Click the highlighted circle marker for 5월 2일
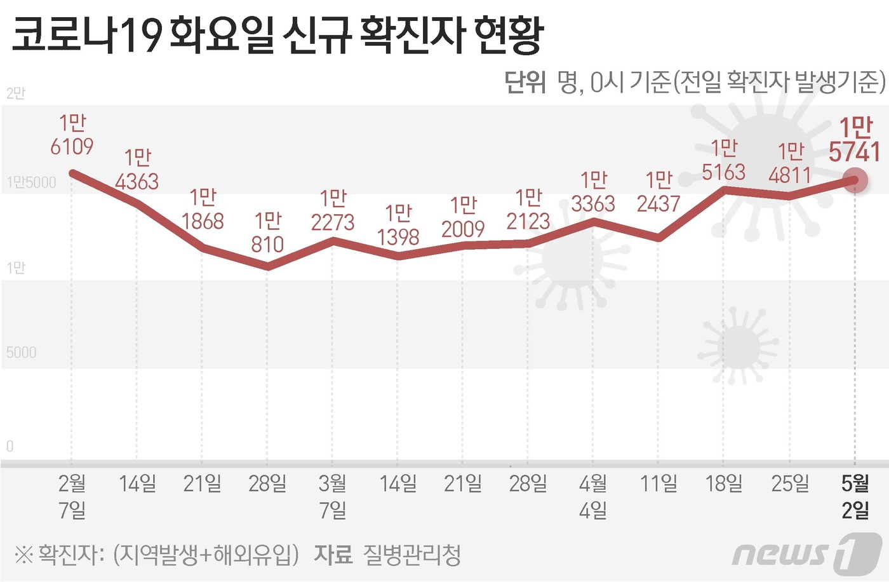coord(855,181)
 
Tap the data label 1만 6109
coord(72,135)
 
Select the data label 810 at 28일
coord(267,233)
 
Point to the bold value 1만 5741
coord(855,140)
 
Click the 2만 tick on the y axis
coord(16,93)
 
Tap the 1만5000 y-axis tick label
coord(31,183)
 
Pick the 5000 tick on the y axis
coord(21,353)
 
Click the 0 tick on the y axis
coord(10,446)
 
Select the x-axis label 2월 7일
coord(72,496)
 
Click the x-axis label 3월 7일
coord(333,496)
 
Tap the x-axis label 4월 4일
coord(593,496)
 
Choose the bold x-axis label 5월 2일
coord(855,496)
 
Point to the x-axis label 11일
coord(658,484)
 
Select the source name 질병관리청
coord(411,555)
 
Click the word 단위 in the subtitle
coord(525,82)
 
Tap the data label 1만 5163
coord(723,160)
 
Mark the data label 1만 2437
coord(658,192)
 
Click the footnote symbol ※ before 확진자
coord(23,555)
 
